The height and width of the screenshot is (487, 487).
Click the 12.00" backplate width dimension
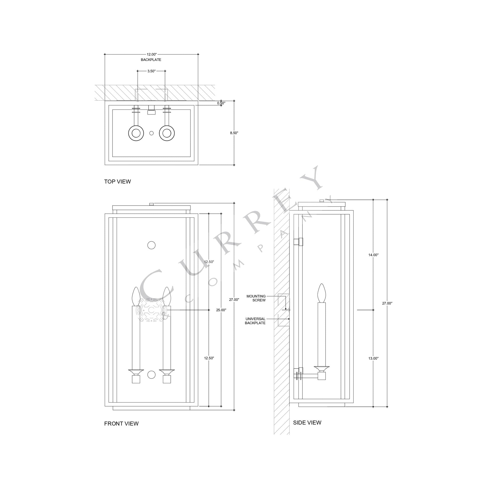tap(151, 54)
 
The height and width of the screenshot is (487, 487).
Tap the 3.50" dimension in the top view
tap(151, 71)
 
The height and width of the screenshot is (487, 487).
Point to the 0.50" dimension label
tap(221, 103)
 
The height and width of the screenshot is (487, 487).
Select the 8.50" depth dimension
tap(234, 133)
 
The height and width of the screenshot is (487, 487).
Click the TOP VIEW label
tap(117, 181)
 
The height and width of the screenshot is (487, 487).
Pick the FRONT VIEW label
tap(121, 424)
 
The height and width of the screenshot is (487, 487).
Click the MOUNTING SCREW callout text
tap(256, 298)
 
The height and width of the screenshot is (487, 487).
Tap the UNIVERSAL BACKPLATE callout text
tap(255, 321)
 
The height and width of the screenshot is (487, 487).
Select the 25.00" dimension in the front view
tap(221, 310)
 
